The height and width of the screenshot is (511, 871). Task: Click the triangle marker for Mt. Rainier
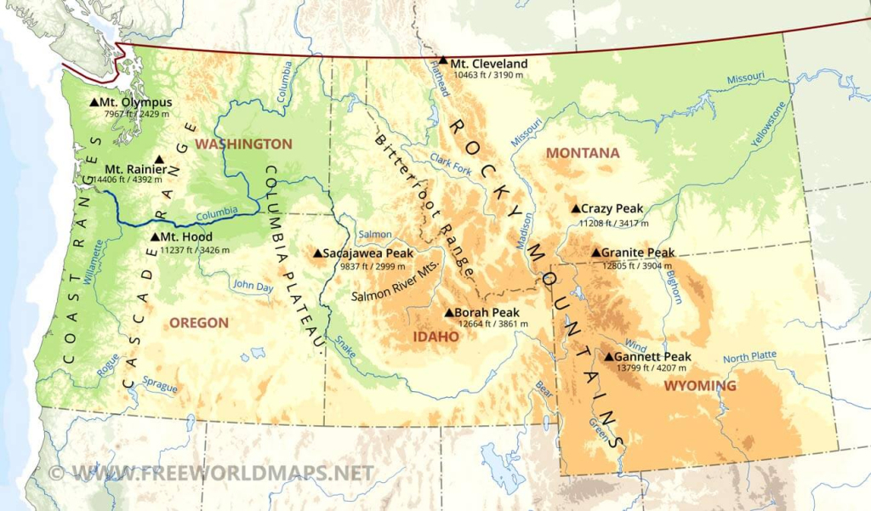pos(159,159)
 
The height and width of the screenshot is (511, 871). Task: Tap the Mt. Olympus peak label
pos(136,102)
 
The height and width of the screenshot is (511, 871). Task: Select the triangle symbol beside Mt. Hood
pos(154,237)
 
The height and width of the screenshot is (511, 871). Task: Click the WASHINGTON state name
pos(243,144)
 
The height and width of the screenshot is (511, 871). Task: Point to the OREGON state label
pos(199,322)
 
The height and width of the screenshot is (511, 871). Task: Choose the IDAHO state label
pos(435,337)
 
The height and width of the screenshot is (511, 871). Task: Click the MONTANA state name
pos(583,153)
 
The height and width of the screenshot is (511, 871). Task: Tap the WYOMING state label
pos(700,386)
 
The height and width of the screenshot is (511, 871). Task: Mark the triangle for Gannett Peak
pos(608,356)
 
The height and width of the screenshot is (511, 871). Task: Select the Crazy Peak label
pos(612,208)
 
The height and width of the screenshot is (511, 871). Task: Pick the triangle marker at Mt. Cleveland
pos(443,60)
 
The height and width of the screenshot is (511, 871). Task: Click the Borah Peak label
pos(487,312)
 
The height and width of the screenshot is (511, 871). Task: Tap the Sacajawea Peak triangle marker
pos(317,253)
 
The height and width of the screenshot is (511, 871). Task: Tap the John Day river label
pos(253,286)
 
